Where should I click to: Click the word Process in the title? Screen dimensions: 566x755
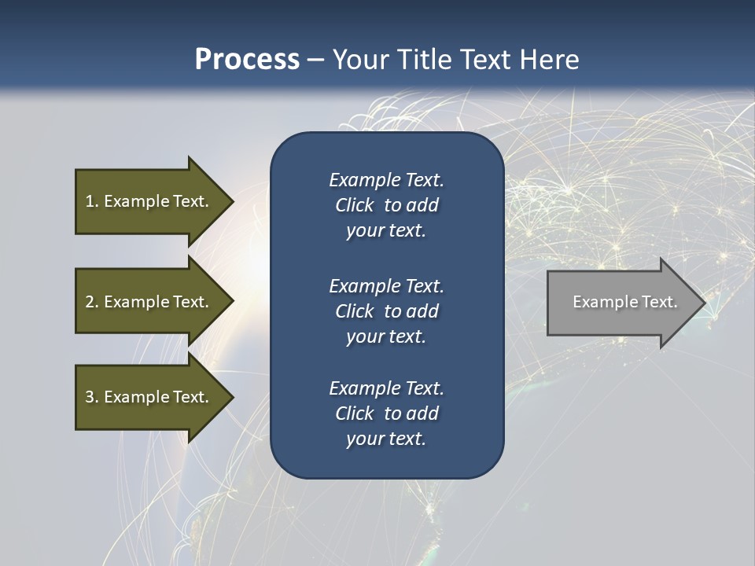[x=247, y=60]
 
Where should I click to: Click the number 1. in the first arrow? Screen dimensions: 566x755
[x=92, y=201]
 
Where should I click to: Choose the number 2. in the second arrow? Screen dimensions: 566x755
[x=92, y=302]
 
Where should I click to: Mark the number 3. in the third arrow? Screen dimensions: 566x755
[x=92, y=397]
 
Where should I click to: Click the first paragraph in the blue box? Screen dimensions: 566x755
[x=386, y=205]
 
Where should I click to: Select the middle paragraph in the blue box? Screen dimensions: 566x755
[x=386, y=311]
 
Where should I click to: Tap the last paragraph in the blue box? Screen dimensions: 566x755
[x=386, y=413]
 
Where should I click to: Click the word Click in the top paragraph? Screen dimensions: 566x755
[x=354, y=205]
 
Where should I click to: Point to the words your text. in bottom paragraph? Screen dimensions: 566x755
[x=386, y=439]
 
